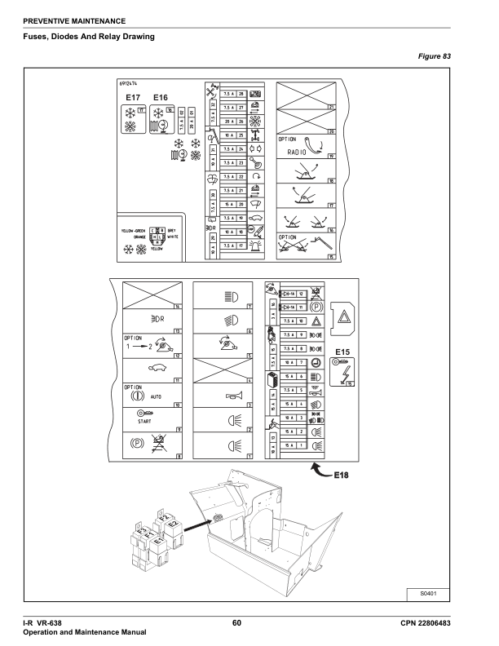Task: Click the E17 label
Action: point(134,97)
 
